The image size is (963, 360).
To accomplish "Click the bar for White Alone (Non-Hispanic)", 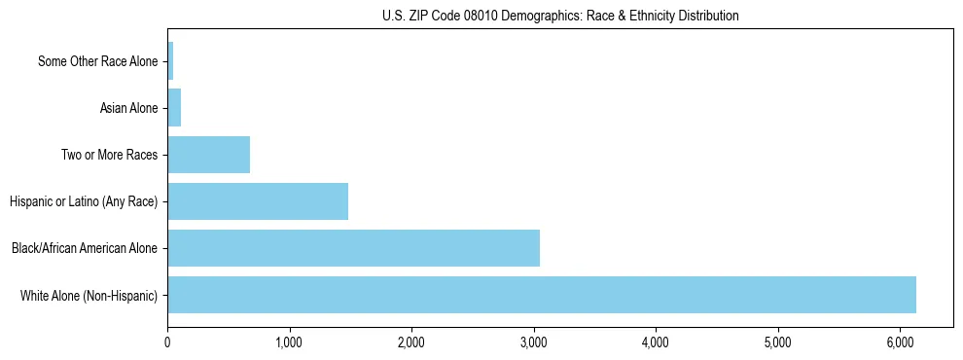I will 542,295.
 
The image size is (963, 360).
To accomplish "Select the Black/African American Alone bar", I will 353,248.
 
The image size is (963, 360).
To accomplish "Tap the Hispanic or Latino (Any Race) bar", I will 258,201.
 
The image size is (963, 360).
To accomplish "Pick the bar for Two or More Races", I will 208,155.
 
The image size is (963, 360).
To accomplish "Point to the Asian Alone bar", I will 174,108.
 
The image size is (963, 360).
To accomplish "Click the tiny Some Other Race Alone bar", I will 170,61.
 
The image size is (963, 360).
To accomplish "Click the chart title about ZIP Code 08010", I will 560,16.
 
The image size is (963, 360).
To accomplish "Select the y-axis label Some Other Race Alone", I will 97,61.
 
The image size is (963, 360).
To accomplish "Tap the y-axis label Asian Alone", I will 128,108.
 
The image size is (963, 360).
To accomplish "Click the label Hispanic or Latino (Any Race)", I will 83,201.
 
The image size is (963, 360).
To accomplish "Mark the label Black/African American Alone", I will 85,248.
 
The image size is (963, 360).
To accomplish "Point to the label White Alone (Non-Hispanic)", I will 89,295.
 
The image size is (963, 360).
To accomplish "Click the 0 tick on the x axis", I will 167,342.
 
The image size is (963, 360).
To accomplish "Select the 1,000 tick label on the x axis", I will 289,342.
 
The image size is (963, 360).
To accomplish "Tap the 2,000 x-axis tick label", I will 411,342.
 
